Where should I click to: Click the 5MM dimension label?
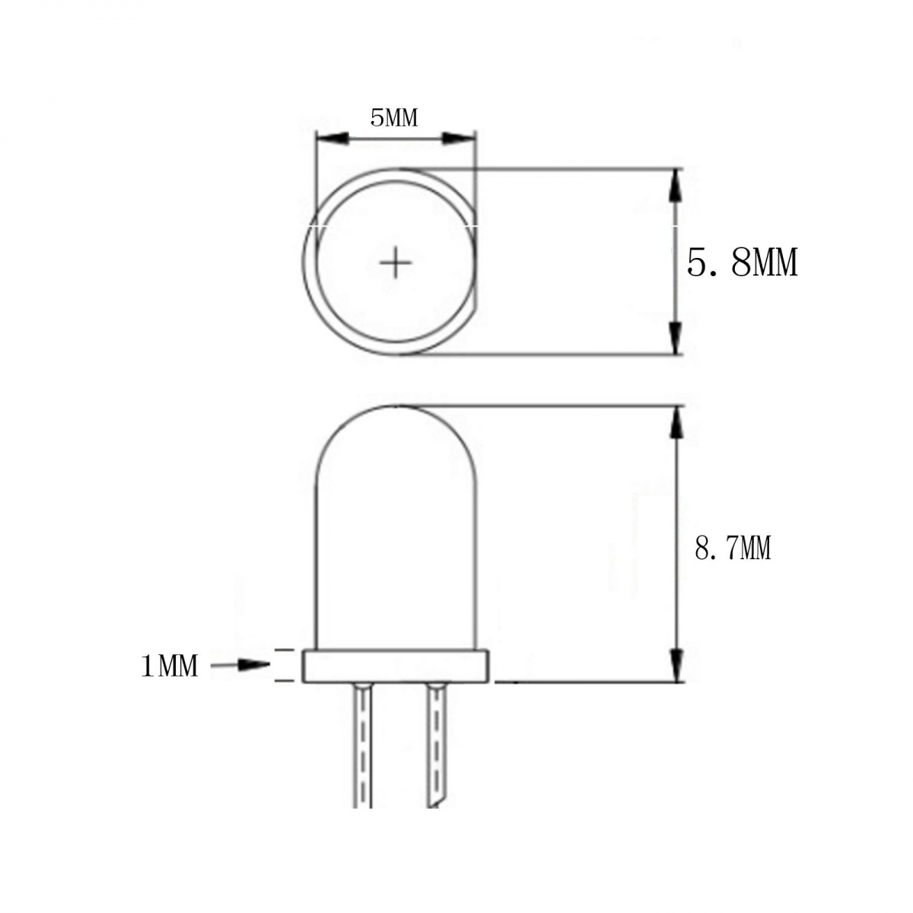(394, 118)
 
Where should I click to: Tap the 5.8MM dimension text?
(742, 262)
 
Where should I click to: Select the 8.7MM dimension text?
(733, 549)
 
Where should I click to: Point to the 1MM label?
(170, 666)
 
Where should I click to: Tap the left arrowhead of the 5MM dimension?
(332, 138)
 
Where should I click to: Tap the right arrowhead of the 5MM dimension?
(458, 138)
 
